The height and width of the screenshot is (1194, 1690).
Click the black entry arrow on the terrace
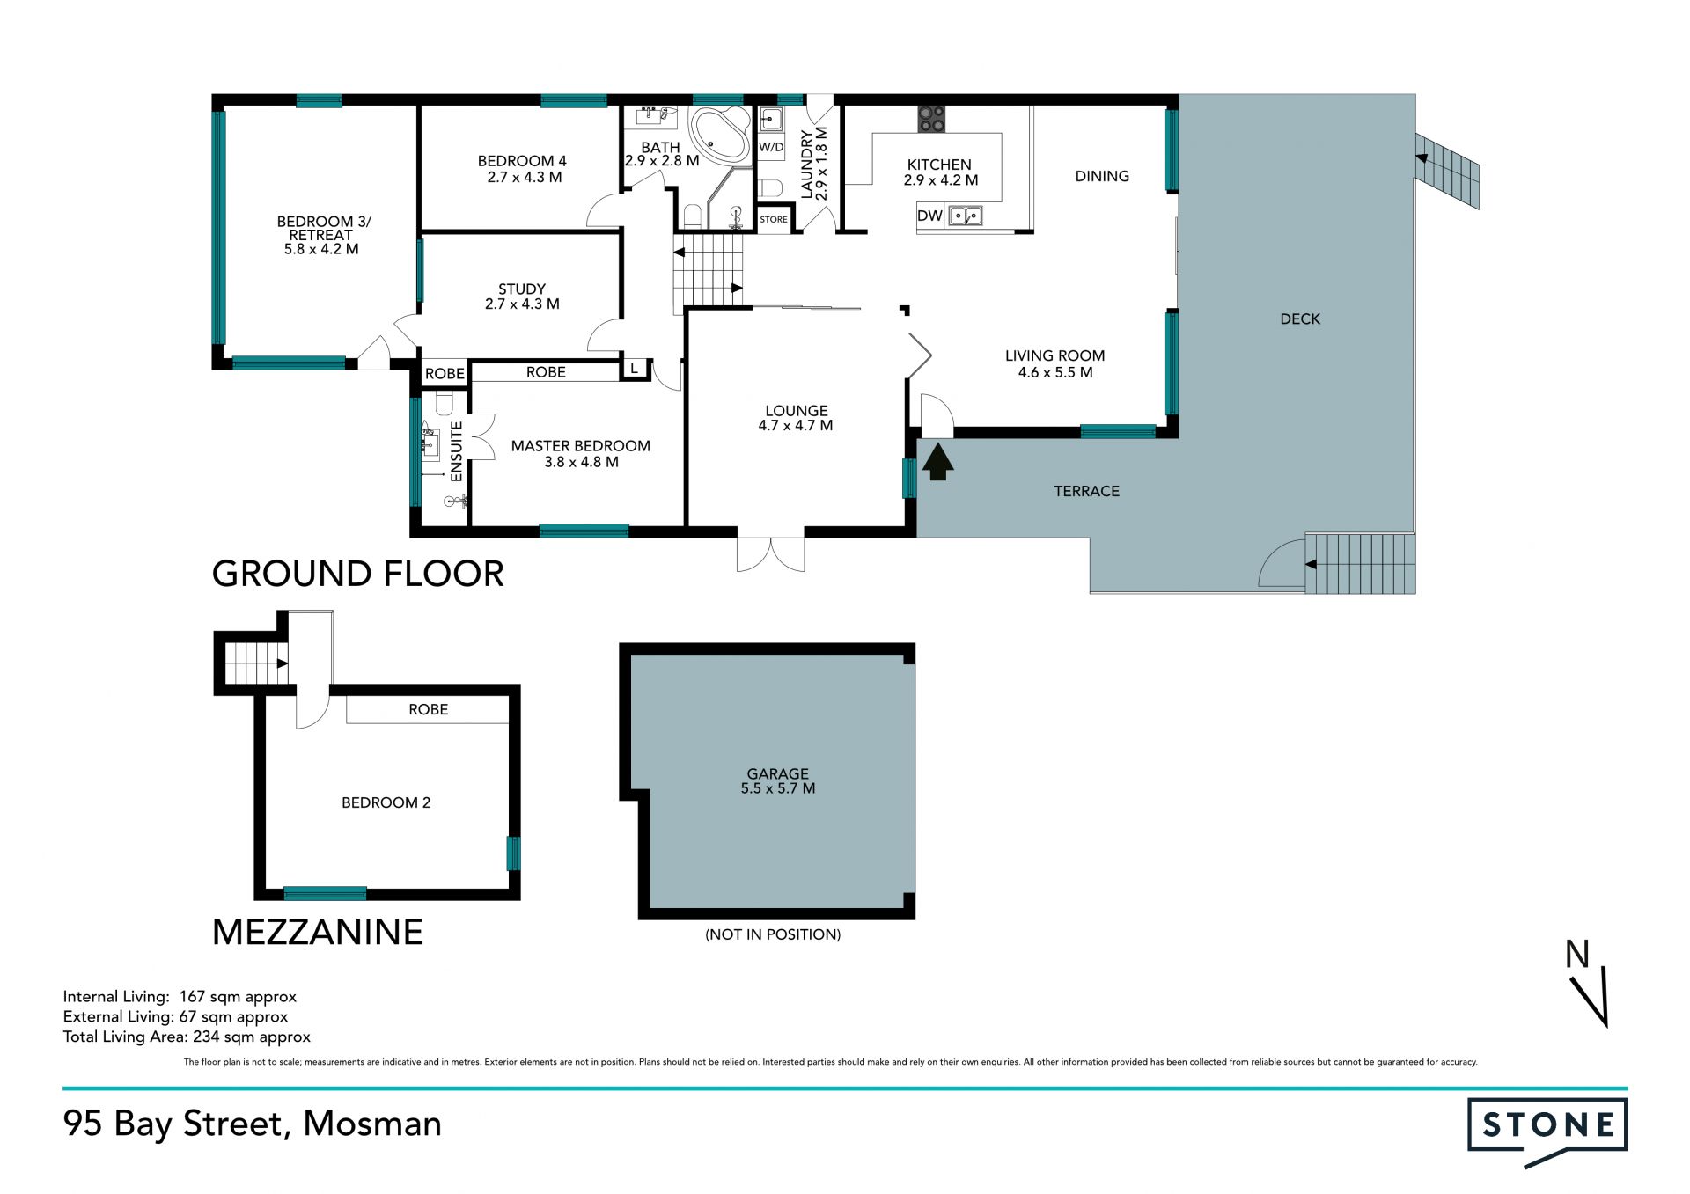point(937,462)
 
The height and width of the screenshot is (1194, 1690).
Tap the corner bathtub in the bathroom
point(720,135)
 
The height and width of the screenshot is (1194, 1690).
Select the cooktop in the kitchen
point(931,119)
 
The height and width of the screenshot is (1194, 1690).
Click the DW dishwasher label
point(929,216)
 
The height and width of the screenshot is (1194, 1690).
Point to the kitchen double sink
point(965,216)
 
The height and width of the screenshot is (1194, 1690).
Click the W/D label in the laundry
point(771,147)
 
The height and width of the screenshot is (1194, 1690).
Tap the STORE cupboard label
point(774,219)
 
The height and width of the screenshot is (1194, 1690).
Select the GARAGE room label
point(778,773)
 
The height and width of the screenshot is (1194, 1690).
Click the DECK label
point(1300,319)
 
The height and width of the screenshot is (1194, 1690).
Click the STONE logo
point(1547,1131)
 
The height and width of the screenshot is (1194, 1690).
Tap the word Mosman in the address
point(372,1124)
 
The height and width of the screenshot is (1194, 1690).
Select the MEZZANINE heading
point(318,932)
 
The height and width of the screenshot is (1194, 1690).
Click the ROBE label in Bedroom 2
point(429,709)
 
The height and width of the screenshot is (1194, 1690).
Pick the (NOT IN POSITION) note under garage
point(773,934)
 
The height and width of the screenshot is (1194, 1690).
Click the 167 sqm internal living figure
point(238,997)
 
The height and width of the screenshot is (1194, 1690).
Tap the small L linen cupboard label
point(634,369)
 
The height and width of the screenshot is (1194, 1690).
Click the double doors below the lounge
point(771,553)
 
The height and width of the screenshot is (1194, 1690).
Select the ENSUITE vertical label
point(456,451)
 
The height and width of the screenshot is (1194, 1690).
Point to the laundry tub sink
point(771,119)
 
